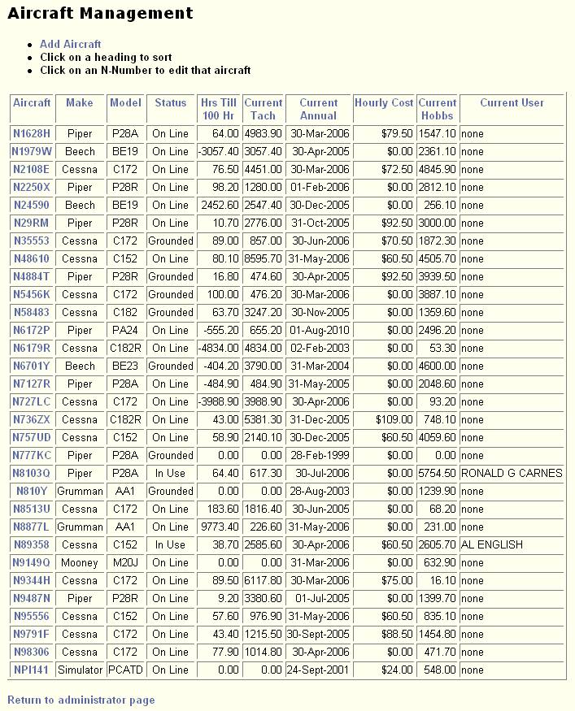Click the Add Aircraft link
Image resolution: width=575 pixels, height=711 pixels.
(x=71, y=44)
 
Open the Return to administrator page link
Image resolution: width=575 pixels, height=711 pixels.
(x=81, y=700)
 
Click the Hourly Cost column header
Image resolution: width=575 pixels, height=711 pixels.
(x=384, y=102)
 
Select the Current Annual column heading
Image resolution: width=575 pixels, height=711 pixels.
(x=318, y=109)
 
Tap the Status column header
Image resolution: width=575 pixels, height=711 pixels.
(x=170, y=102)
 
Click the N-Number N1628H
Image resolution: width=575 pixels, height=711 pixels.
(x=32, y=133)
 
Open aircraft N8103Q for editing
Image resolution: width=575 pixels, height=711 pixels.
(x=32, y=473)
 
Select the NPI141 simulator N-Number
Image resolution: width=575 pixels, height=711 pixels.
(x=32, y=670)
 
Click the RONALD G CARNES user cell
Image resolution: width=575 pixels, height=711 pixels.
(x=512, y=473)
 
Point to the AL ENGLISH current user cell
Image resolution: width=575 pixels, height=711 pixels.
(x=492, y=544)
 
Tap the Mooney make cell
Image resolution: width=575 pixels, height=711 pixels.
(x=80, y=562)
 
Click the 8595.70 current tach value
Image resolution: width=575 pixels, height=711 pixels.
(x=264, y=258)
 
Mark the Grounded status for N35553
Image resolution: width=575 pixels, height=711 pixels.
(x=170, y=241)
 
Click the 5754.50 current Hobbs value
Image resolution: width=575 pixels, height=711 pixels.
(x=437, y=473)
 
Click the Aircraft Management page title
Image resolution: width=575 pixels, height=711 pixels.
(x=101, y=13)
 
